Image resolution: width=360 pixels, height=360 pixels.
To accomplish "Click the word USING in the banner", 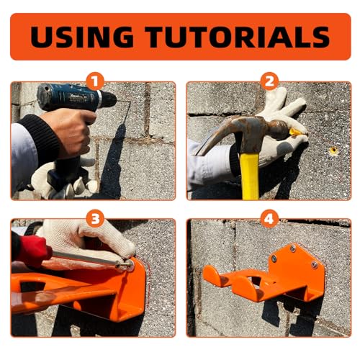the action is pyautogui.click(x=82, y=37).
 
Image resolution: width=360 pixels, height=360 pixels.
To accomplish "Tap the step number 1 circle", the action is pyautogui.click(x=95, y=81).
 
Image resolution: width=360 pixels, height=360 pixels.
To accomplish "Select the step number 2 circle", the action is pyautogui.click(x=269, y=81).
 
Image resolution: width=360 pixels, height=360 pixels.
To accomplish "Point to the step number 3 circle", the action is pyautogui.click(x=95, y=219).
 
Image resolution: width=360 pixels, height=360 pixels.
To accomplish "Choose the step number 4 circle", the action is pyautogui.click(x=269, y=219).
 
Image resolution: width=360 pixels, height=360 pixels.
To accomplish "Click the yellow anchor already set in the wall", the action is pyautogui.click(x=333, y=150).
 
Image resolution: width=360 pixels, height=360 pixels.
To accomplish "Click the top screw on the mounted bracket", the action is pyautogui.click(x=292, y=248).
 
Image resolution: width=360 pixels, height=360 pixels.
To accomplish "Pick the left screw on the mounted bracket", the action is pyautogui.click(x=274, y=258).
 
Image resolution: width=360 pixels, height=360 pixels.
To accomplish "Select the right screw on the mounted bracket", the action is pyautogui.click(x=315, y=265).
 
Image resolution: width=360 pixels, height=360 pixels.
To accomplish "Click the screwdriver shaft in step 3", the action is pyautogui.click(x=88, y=258).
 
